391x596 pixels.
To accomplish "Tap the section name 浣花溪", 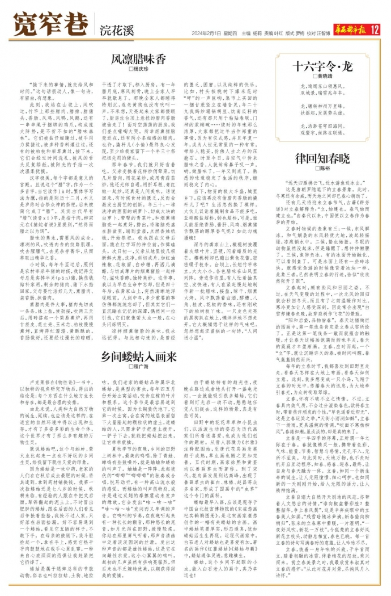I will (117, 30).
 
